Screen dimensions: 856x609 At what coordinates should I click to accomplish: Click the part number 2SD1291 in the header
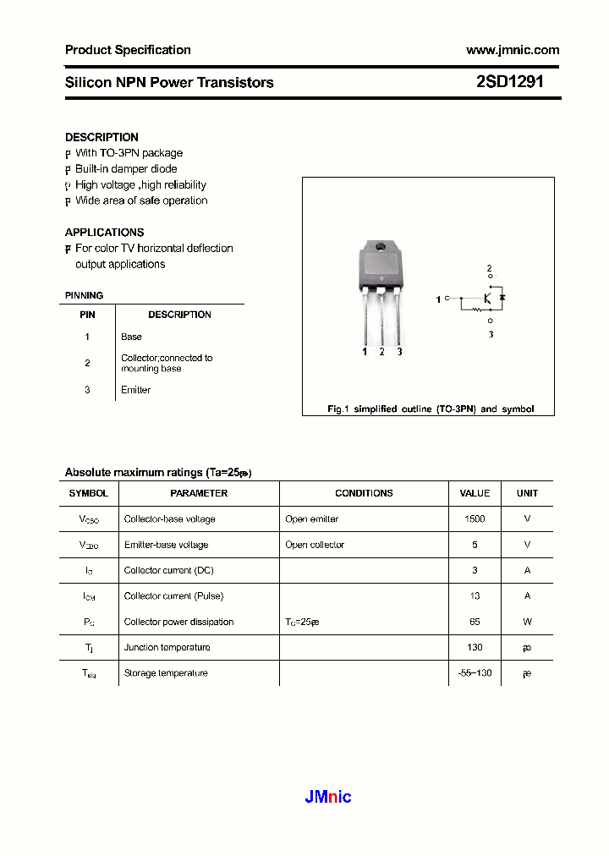click(509, 82)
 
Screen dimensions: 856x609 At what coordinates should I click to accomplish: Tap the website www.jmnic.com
click(513, 50)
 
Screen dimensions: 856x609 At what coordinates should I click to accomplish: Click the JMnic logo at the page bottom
click(327, 796)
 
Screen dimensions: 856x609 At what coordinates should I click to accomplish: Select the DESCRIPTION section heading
click(101, 137)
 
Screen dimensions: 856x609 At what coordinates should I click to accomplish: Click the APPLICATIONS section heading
click(104, 232)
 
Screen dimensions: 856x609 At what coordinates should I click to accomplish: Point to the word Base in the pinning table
click(131, 337)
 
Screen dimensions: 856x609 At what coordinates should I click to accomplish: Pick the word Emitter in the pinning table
click(135, 390)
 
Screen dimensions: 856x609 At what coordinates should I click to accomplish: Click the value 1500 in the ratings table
click(475, 519)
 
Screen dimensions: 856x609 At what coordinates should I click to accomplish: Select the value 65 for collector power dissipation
click(475, 622)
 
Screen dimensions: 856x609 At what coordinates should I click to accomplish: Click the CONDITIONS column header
click(364, 493)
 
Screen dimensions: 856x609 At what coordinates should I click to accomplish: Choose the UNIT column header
click(527, 493)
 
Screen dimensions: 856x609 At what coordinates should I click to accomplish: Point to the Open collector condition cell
click(315, 545)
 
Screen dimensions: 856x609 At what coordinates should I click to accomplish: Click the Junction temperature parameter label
click(167, 647)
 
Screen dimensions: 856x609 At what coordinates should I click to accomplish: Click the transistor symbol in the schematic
click(489, 299)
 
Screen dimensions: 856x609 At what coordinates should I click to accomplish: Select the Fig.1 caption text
click(431, 409)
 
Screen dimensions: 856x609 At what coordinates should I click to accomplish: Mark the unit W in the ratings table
click(527, 622)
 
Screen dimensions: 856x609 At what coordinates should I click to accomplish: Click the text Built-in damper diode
click(126, 169)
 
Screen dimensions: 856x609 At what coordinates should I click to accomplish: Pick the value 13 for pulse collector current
click(475, 596)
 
